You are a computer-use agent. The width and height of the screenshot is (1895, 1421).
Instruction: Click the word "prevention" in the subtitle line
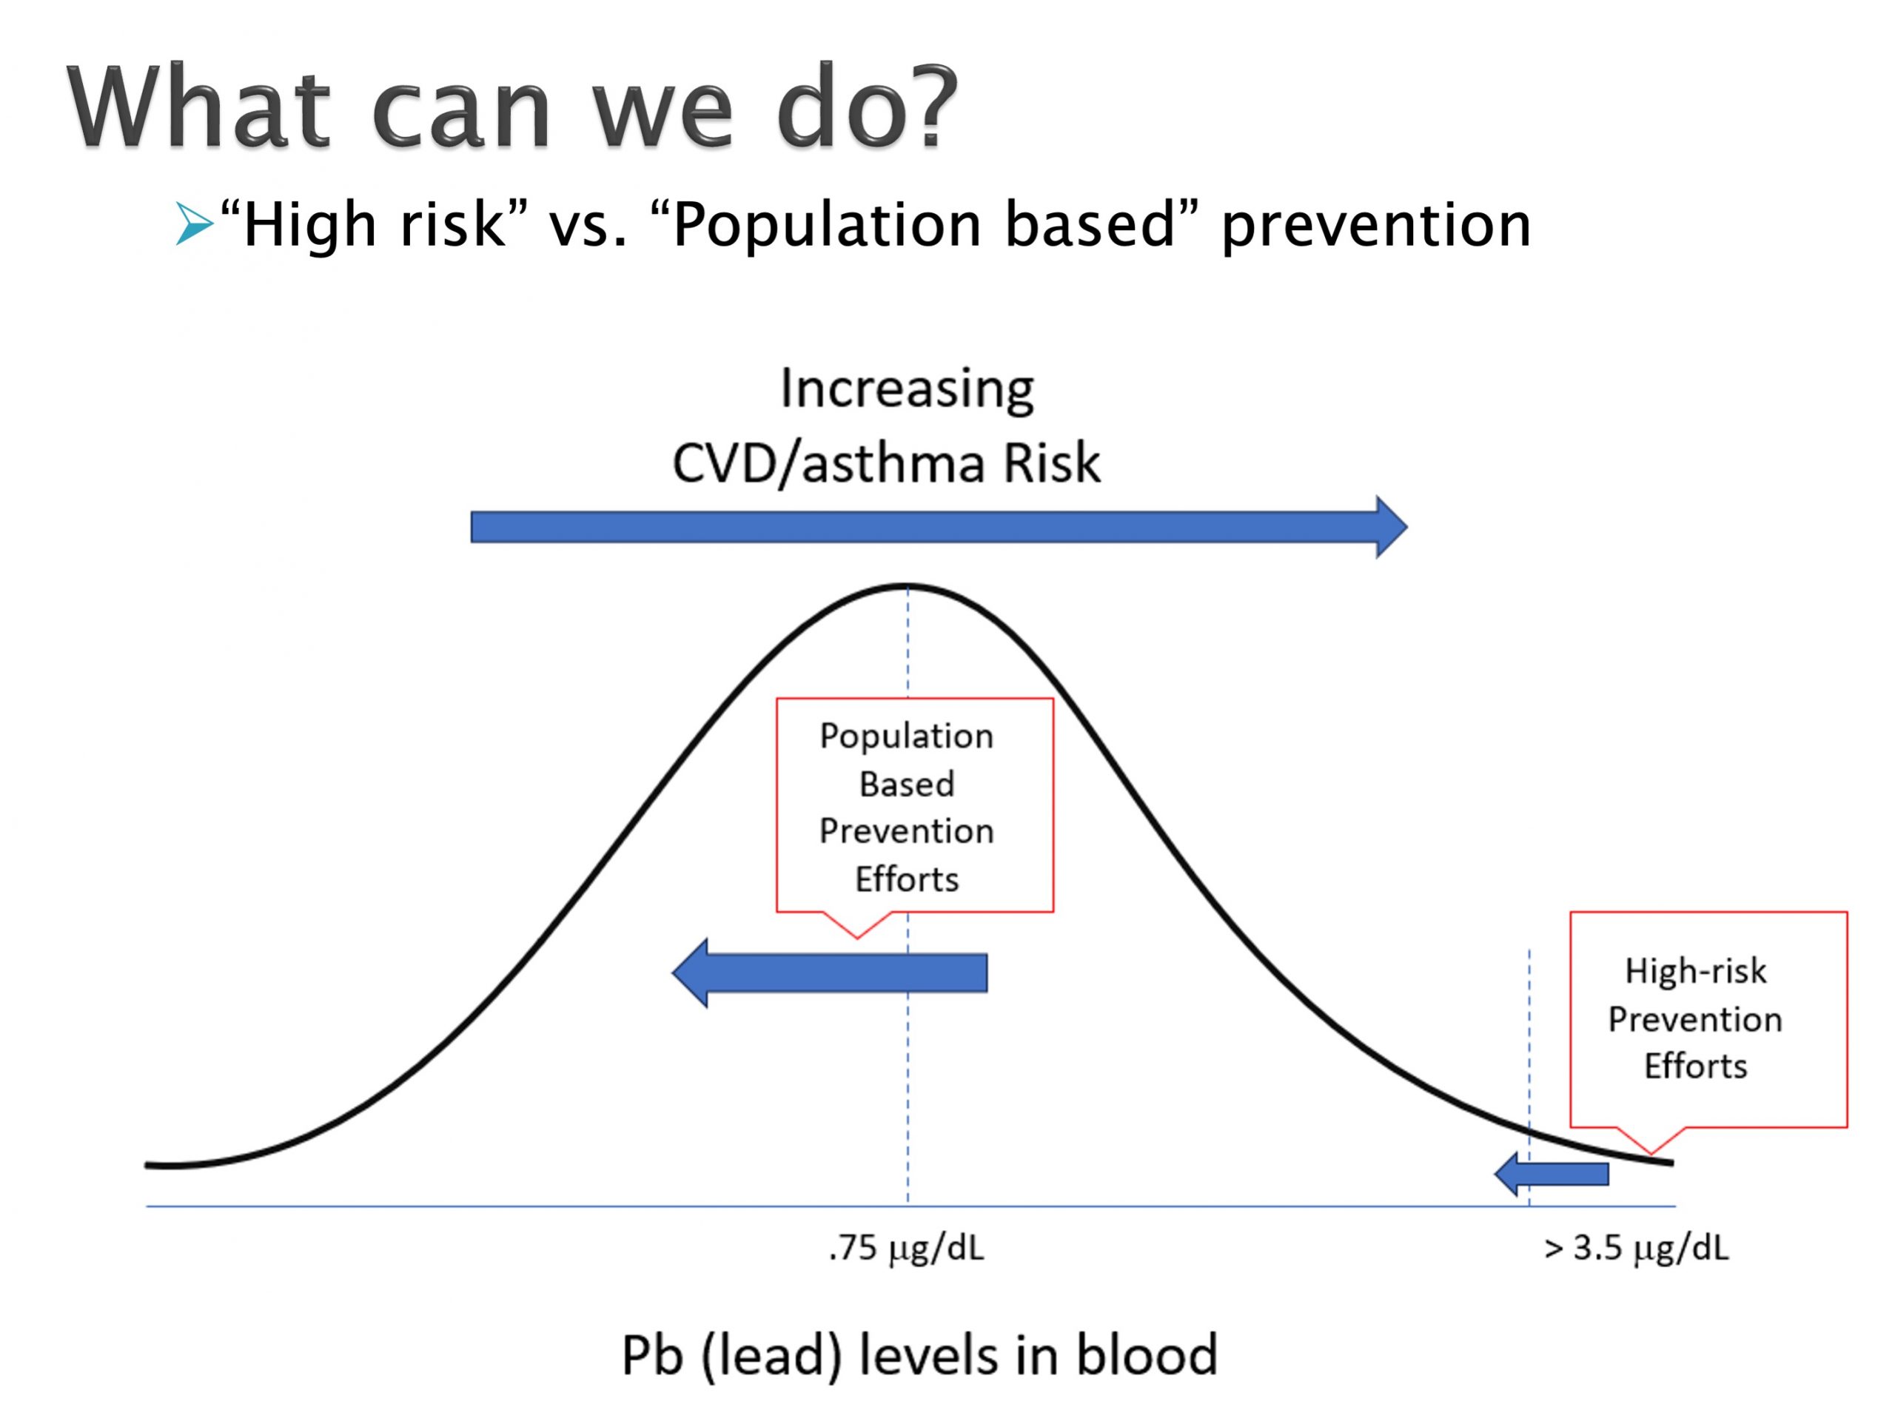[x=1376, y=224]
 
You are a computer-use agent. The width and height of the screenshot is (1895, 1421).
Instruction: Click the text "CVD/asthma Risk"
[x=886, y=463]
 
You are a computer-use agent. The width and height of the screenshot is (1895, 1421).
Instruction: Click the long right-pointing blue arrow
[x=938, y=527]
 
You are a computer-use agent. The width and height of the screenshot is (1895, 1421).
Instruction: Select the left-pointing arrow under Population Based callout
[x=829, y=972]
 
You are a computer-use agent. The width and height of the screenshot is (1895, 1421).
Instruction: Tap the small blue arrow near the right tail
[x=1552, y=1174]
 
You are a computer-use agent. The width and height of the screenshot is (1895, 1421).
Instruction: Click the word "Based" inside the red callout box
[x=906, y=784]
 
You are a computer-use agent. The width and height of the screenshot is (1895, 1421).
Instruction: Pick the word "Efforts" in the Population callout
[x=906, y=879]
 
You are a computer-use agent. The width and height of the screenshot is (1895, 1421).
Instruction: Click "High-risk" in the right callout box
[x=1695, y=971]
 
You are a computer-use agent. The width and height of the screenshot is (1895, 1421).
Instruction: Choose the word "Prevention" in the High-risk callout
[x=1695, y=1019]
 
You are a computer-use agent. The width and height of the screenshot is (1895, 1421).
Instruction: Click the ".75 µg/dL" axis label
[x=906, y=1249]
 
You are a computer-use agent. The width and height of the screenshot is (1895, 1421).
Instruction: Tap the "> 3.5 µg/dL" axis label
[x=1636, y=1249]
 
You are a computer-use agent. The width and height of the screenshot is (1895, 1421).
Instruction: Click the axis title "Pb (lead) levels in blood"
[x=919, y=1356]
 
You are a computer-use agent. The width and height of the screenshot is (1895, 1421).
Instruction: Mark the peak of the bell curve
[x=908, y=586]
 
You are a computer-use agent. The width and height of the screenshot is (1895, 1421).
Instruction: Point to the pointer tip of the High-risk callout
[x=1651, y=1155]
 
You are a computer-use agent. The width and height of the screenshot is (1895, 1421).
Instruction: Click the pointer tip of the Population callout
[x=856, y=938]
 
